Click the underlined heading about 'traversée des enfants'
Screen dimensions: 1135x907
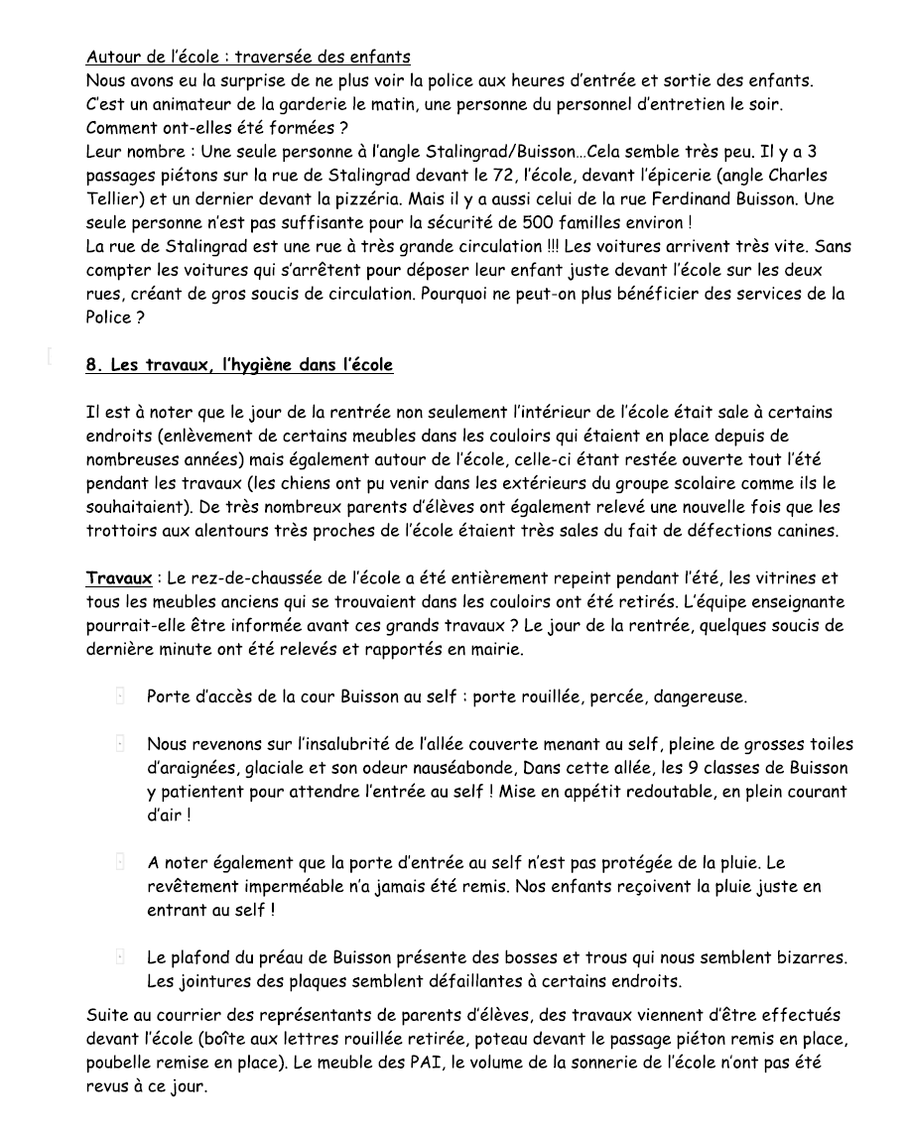(x=248, y=57)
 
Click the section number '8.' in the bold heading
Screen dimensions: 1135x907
(x=95, y=365)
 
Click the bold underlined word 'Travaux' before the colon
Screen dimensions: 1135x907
(x=118, y=578)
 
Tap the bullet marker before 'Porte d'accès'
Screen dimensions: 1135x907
(x=120, y=697)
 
